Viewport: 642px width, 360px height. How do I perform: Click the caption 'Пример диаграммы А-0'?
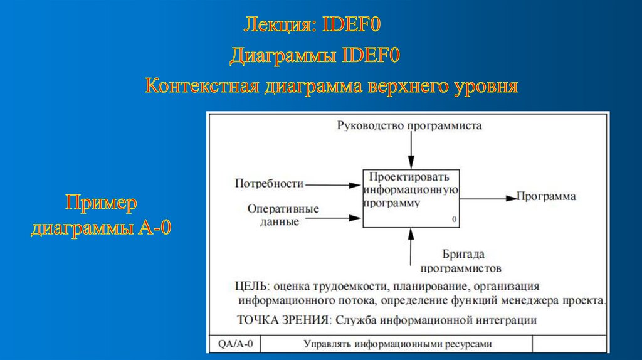pyautogui.click(x=102, y=215)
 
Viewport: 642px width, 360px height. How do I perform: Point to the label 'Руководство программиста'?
pyautogui.click(x=409, y=125)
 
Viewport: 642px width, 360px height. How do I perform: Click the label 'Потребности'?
pyautogui.click(x=269, y=184)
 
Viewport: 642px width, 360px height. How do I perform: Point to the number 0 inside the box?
pyautogui.click(x=453, y=220)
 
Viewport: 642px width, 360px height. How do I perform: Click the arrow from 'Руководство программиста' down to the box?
pyautogui.click(x=411, y=151)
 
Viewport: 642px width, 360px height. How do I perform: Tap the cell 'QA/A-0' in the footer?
pyautogui.click(x=236, y=344)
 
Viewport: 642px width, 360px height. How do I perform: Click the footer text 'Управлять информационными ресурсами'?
pyautogui.click(x=397, y=344)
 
